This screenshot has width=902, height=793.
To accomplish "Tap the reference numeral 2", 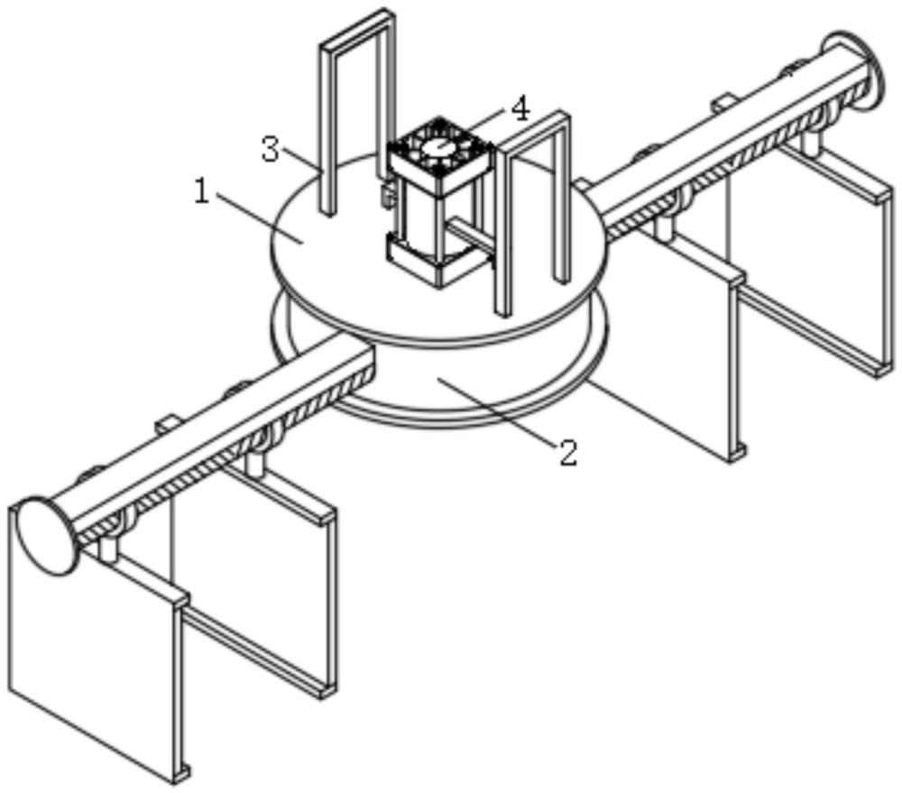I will click(566, 452).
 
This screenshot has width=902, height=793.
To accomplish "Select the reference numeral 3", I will click(270, 149).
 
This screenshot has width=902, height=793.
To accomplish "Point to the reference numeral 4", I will click(520, 110).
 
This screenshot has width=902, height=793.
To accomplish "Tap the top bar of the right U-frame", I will click(534, 128).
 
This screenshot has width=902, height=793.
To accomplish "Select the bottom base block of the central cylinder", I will click(436, 260).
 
